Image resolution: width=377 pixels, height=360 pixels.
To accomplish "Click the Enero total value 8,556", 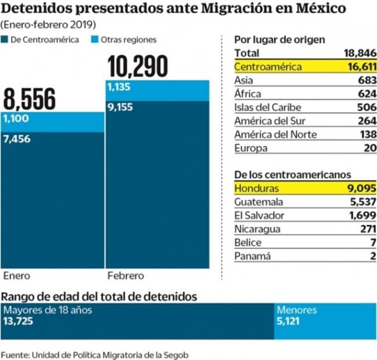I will coord(30,99).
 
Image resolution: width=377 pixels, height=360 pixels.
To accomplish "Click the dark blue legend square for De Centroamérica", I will coord(5,40).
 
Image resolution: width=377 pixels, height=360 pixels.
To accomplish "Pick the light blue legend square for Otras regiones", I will coord(96,40).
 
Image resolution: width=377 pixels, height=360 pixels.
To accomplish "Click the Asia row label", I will coord(244,81).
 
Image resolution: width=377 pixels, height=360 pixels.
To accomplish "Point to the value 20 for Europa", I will coord(370,148).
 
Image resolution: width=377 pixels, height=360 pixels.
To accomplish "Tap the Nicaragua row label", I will coord(257,229).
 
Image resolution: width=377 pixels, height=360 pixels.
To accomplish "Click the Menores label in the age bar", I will coord(297,310).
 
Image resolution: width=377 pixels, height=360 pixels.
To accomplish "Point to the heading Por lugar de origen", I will coord(279,39).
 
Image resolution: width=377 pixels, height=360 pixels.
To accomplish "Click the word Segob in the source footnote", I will coord(177,354).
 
